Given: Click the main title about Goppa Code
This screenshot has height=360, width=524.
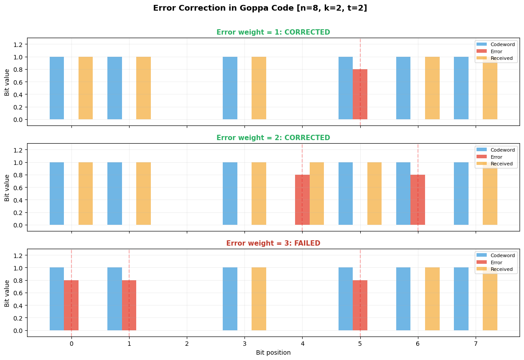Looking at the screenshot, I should tap(260, 8).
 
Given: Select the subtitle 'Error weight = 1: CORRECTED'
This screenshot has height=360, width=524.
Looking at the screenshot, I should tap(273, 32).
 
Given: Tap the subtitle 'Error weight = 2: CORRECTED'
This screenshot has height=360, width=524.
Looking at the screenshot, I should tap(273, 138).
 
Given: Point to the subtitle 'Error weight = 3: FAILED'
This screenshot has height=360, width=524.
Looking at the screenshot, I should tap(273, 243).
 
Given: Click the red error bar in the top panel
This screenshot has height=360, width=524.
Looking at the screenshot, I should tap(360, 94).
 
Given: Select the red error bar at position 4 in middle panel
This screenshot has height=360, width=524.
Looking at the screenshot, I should tap(302, 200).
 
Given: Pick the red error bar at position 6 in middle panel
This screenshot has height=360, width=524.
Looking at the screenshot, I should tap(418, 200).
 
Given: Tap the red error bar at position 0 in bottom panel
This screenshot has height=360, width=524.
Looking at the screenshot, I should tap(71, 305).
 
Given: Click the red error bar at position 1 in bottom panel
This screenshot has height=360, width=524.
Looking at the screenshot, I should tap(129, 305).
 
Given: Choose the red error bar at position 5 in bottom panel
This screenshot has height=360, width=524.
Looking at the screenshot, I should tap(360, 305).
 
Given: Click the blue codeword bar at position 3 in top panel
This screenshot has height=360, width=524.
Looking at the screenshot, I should tap(230, 88).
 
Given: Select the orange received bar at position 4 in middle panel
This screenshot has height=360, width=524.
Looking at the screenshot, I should tap(317, 194).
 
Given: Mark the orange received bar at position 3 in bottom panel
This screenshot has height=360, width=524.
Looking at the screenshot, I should tap(259, 299).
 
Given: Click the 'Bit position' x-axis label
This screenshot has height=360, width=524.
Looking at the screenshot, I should tap(273, 353).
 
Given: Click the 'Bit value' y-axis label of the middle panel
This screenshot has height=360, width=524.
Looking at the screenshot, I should tap(7, 188).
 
